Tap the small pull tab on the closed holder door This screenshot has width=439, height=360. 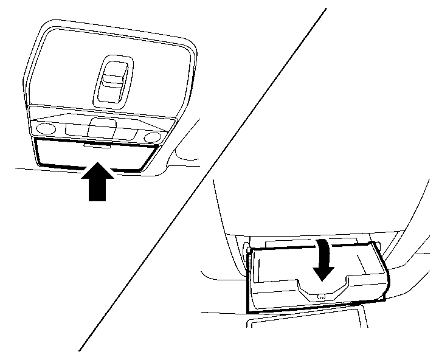[97, 145]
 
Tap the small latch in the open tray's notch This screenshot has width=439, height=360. [322, 296]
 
